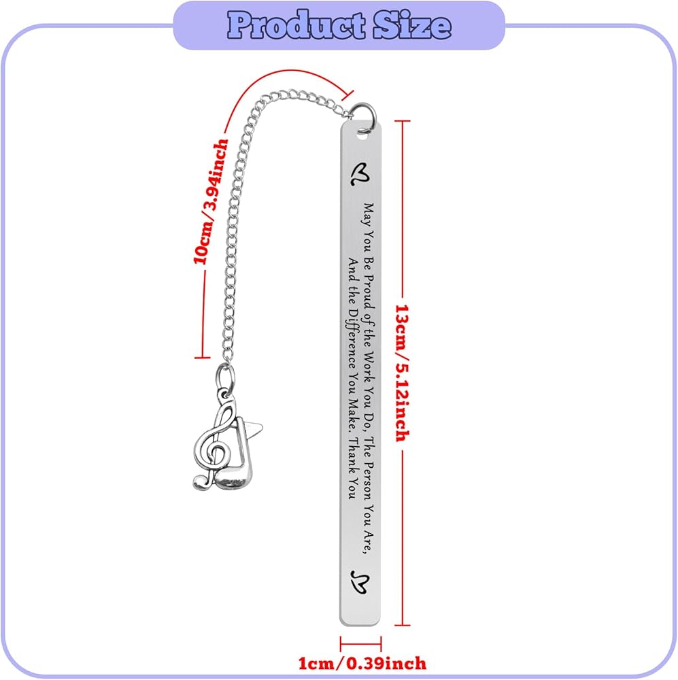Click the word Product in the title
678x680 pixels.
pos(297,25)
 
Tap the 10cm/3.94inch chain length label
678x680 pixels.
pos(210,201)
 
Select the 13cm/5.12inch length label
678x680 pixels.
pos(402,373)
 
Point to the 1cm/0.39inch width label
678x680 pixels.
pos(362,663)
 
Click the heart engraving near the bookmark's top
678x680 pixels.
pos(360,174)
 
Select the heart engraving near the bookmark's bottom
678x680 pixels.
pos(360,582)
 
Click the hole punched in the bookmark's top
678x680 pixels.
pos(362,136)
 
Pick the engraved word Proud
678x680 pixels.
pos(369,292)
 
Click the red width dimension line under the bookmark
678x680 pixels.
pos(361,643)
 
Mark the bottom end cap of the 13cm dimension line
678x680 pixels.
pos(402,625)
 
